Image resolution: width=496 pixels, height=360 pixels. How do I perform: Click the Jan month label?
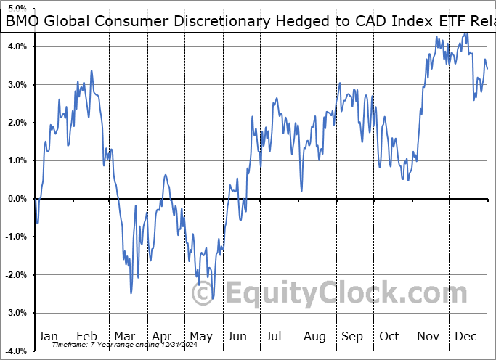point(48,336)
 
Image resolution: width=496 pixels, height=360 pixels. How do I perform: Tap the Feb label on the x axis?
point(86,336)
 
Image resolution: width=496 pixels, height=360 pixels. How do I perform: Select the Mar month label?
point(124,336)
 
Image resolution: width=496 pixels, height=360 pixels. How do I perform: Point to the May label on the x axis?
point(201,336)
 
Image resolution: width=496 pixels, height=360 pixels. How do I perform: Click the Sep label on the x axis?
point(352,336)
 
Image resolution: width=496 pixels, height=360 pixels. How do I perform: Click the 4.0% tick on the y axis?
point(17,46)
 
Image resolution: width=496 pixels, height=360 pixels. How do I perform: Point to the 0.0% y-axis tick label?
point(17,199)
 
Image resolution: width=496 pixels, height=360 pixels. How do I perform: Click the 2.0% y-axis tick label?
point(17,123)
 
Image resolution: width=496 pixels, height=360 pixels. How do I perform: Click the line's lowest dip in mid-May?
point(212,298)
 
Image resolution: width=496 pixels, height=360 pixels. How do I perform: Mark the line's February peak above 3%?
point(92,70)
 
